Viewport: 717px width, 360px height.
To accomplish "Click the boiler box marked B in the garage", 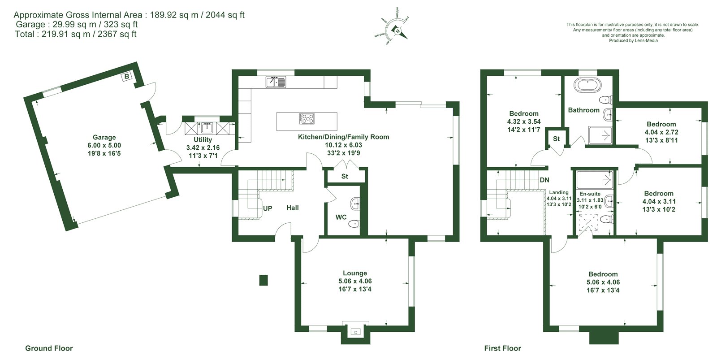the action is [x=127, y=76].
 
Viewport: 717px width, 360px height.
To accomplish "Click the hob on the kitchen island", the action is [x=307, y=119].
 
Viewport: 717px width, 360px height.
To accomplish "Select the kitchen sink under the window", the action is [x=276, y=82].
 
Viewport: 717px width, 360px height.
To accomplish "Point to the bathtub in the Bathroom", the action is [x=587, y=86].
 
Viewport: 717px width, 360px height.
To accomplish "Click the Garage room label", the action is [x=104, y=137].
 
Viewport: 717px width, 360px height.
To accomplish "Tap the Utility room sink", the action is [x=207, y=128].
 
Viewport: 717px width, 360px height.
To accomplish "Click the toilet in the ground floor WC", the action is [x=354, y=223].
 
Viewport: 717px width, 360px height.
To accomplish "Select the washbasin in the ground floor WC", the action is [x=355, y=204].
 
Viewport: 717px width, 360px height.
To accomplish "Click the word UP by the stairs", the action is [x=268, y=208].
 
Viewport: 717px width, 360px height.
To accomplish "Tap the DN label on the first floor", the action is [x=544, y=180].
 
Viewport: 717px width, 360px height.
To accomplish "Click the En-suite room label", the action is [x=590, y=194].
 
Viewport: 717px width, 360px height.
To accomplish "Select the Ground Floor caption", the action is [x=49, y=348].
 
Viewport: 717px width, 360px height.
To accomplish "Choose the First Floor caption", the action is [x=502, y=348].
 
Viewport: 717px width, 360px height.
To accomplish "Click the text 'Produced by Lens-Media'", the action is [x=633, y=41].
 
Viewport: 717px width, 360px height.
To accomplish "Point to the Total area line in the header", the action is [x=76, y=34].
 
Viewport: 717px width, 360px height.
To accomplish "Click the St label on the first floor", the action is [x=556, y=139].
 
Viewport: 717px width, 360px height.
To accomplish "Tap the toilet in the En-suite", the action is [x=606, y=219].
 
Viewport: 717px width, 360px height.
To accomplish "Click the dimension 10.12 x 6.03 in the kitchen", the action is [x=343, y=145].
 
